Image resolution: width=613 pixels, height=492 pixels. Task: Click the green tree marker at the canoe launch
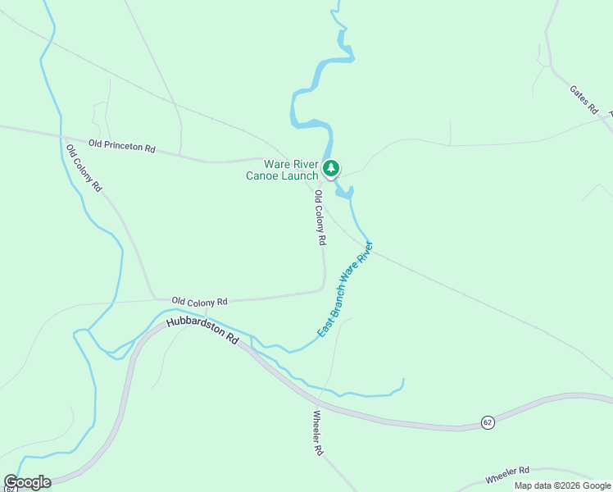point(330,169)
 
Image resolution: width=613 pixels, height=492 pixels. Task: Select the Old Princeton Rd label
point(122,147)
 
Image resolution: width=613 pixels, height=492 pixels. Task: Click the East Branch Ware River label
point(345,289)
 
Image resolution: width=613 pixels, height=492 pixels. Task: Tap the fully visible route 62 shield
point(488,421)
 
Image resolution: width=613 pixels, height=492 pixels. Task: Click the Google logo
point(27,482)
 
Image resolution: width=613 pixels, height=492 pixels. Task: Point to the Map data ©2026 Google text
point(562,485)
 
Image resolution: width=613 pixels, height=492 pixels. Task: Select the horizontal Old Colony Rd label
point(199,302)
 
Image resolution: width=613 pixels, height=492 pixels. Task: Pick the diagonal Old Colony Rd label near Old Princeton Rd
point(84,168)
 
